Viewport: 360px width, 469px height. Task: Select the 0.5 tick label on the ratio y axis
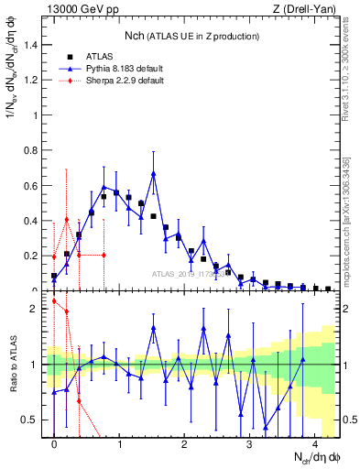[x=34, y=420]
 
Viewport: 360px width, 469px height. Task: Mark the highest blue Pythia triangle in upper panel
[x=154, y=173]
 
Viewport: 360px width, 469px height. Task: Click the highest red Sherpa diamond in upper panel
[x=67, y=219]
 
